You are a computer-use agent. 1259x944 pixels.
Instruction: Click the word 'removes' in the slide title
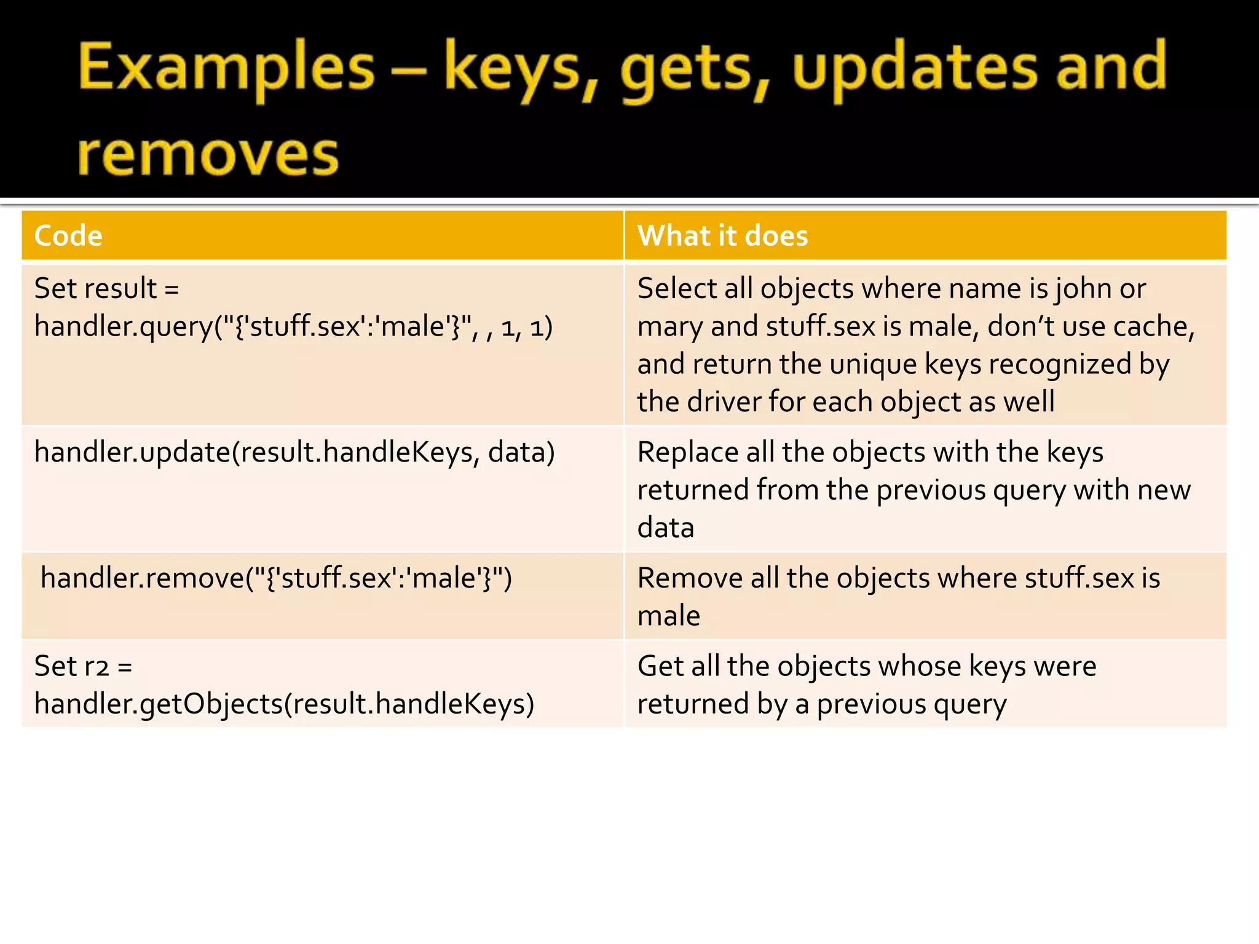[x=208, y=155]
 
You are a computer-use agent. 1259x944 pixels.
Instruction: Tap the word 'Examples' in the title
[x=226, y=68]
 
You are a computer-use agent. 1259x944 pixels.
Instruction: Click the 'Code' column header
[x=68, y=236]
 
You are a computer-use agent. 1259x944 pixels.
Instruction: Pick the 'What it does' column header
[x=722, y=236]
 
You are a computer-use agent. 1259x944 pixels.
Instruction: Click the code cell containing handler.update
[x=294, y=452]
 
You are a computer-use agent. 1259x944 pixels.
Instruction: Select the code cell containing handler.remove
[x=276, y=578]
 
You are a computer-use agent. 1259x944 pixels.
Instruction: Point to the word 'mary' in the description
[x=669, y=327]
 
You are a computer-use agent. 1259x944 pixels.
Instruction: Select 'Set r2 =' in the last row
[x=84, y=666]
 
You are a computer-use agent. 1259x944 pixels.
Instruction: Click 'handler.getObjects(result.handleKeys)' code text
[x=284, y=704]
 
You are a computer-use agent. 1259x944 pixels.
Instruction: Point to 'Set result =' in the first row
[x=106, y=289]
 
